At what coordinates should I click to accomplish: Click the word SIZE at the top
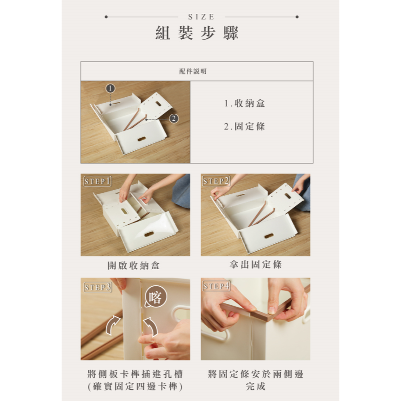pyautogui.click(x=201, y=17)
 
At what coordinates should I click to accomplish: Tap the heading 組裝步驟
pyautogui.click(x=197, y=33)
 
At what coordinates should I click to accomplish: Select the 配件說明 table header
pyautogui.click(x=193, y=71)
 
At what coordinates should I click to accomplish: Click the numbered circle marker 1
pyautogui.click(x=110, y=88)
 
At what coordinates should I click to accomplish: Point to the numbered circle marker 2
pyautogui.click(x=174, y=118)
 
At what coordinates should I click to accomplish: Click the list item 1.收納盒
pyautogui.click(x=245, y=103)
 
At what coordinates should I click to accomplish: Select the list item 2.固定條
pyautogui.click(x=245, y=126)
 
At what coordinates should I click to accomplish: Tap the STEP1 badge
pyautogui.click(x=98, y=181)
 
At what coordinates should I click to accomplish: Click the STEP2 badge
pyautogui.click(x=216, y=181)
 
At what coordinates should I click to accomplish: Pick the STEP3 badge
pyautogui.click(x=98, y=287)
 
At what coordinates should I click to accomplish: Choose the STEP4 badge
pyautogui.click(x=216, y=286)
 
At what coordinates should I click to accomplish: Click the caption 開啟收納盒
pyautogui.click(x=134, y=265)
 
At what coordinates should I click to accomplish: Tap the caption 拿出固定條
pyautogui.click(x=255, y=265)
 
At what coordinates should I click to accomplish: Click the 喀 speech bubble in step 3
pyautogui.click(x=155, y=296)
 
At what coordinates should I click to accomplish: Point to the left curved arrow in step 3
pyautogui.click(x=112, y=325)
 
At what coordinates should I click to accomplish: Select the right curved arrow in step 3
pyautogui.click(x=151, y=327)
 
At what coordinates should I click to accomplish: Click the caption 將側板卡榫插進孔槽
pyautogui.click(x=135, y=374)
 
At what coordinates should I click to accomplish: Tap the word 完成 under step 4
pyautogui.click(x=255, y=386)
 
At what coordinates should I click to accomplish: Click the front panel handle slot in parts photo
pyautogui.click(x=142, y=139)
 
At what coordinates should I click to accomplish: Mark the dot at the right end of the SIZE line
pyautogui.click(x=297, y=17)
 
